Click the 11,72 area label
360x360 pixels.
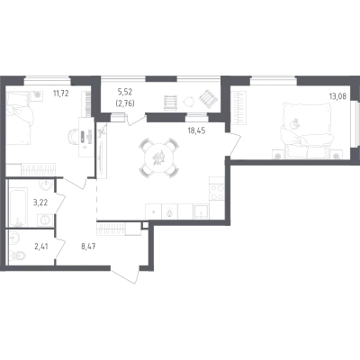tap(61, 94)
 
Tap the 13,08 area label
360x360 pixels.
tap(337, 96)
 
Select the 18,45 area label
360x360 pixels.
tap(196, 130)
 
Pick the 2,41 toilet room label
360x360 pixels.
tap(41, 247)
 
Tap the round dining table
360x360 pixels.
tap(159, 157)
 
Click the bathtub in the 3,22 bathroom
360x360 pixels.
tap(18, 207)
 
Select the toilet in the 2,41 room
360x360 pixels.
tap(18, 256)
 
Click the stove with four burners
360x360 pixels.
tap(217, 193)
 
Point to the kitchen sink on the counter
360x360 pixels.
tap(202, 211)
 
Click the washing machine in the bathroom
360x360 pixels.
tap(45, 220)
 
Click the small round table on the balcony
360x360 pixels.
tap(189, 102)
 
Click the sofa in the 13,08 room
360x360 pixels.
tap(307, 130)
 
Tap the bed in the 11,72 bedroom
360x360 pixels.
tap(19, 119)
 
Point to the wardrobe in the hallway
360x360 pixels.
tap(119, 229)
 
